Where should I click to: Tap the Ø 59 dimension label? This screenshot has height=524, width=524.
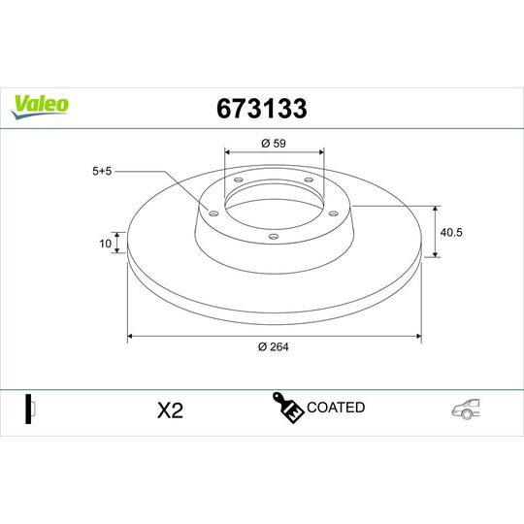275,145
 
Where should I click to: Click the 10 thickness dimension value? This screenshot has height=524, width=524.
105,244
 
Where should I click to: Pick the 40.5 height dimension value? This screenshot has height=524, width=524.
449,232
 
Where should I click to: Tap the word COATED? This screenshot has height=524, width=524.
336,408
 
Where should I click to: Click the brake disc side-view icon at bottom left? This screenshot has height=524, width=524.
29,409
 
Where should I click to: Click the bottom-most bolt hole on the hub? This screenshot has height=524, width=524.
275,236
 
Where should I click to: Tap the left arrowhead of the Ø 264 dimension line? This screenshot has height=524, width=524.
131,337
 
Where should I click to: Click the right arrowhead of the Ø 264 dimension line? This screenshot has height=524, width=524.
418,337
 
